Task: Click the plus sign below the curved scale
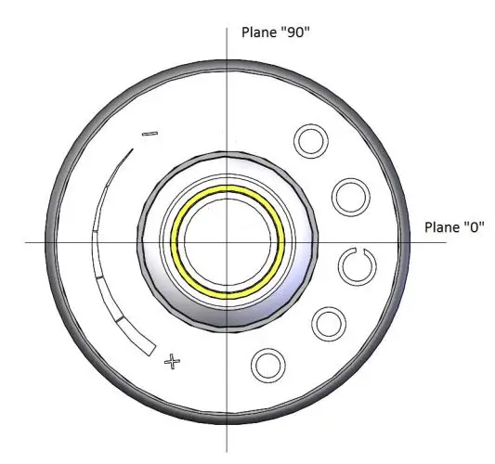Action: tap(171, 361)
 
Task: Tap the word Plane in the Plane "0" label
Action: tap(442, 227)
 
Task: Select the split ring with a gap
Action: tap(356, 267)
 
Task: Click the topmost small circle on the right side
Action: tap(311, 141)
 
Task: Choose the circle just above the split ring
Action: tap(351, 197)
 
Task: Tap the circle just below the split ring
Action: tap(328, 324)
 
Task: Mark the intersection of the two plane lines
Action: tap(228, 242)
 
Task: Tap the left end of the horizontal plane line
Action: tap(28, 242)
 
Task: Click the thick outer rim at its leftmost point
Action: tap(49, 243)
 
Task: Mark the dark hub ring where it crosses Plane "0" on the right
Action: tap(317, 242)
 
